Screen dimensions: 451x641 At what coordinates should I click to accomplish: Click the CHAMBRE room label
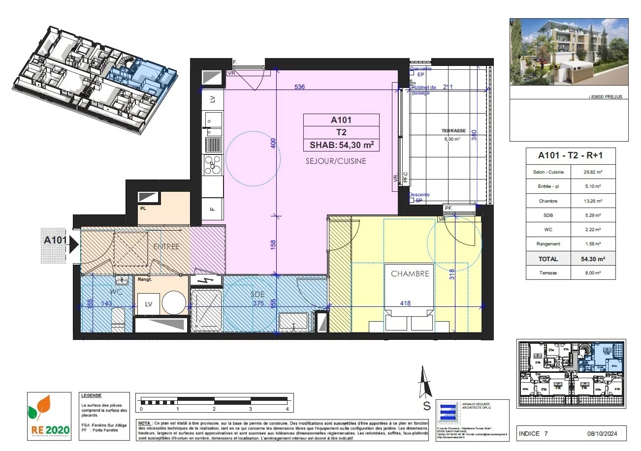[410, 274]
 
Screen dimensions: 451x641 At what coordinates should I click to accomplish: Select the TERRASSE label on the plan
[453, 131]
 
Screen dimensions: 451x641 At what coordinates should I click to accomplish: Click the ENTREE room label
[166, 246]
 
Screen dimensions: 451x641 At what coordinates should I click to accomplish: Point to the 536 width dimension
[300, 87]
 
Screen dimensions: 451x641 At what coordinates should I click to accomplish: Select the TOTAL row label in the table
[548, 259]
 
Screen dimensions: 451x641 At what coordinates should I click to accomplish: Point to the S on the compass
[427, 406]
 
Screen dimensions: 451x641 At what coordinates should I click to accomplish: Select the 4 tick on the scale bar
[287, 409]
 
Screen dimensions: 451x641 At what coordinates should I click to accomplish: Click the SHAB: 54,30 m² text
[341, 145]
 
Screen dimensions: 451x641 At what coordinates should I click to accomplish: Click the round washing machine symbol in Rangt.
[174, 302]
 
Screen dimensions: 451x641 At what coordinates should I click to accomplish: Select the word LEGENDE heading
[92, 395]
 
